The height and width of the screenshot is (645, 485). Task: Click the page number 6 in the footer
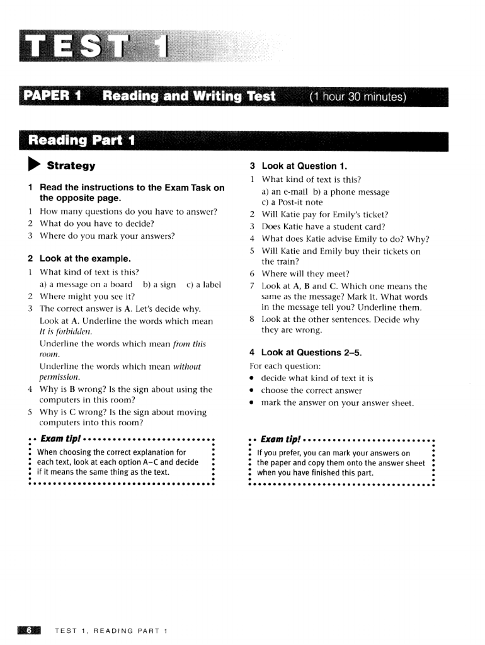[30, 630]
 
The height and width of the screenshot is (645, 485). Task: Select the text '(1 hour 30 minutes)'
[358, 97]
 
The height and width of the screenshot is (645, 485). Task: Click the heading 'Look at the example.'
[85, 258]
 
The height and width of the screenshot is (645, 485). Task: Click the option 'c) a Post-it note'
[292, 202]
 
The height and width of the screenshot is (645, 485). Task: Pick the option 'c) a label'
[204, 285]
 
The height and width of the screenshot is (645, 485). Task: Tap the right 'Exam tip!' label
[279, 439]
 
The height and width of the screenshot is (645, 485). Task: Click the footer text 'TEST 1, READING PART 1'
[110, 631]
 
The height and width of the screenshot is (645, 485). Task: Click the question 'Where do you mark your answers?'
[107, 236]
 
